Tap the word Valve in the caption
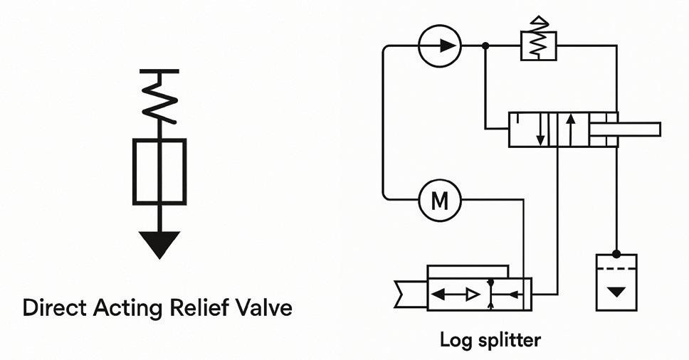point(263,308)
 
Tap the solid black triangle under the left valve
point(159,245)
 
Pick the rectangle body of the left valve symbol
point(159,171)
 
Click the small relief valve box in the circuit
point(538,46)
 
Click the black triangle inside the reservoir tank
point(616,291)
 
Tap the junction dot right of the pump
point(485,46)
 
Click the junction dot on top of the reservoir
point(616,253)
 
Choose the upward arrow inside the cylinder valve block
point(570,129)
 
